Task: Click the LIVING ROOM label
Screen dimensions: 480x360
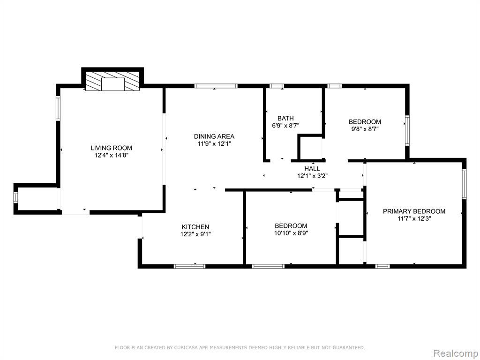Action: tap(111, 148)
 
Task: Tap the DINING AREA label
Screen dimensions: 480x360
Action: tap(214, 136)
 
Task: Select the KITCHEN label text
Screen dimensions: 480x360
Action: tap(195, 227)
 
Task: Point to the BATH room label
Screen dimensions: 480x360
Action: tap(285, 118)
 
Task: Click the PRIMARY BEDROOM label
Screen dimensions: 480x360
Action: tap(414, 211)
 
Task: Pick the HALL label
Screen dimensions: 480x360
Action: tap(312, 169)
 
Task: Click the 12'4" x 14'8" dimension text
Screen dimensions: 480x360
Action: tap(111, 156)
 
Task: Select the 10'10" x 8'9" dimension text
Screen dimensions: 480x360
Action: tap(291, 233)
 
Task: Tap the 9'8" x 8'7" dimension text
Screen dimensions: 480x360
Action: tap(365, 129)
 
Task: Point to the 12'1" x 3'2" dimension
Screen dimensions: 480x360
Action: tap(312, 176)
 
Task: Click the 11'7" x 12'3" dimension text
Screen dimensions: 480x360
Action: tap(414, 218)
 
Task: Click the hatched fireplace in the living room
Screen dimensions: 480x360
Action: tap(112, 82)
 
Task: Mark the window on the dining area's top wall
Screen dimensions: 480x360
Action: tap(216, 86)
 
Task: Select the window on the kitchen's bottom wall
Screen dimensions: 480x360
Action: tap(189, 266)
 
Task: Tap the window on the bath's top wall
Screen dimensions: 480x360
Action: tap(277, 86)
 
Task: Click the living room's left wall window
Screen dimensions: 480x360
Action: tap(58, 108)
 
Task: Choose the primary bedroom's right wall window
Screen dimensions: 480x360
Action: tap(464, 184)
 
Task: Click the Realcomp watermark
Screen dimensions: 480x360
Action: tap(455, 353)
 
